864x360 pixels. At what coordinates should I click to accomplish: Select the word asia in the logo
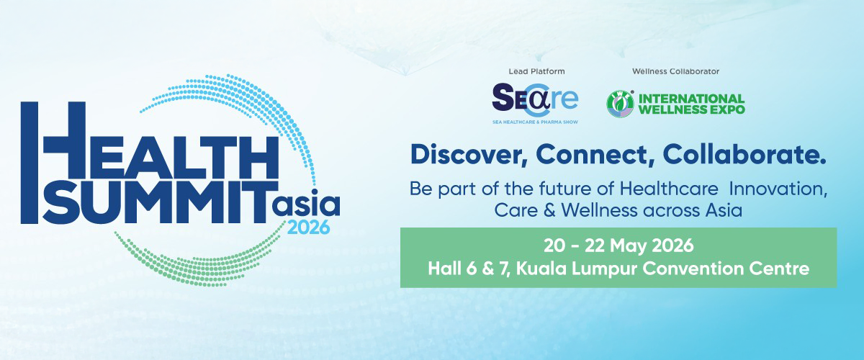click(306, 202)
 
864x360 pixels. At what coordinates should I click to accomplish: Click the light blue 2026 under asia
click(309, 228)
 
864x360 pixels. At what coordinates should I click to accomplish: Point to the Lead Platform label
click(536, 71)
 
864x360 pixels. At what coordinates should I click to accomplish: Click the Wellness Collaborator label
click(676, 71)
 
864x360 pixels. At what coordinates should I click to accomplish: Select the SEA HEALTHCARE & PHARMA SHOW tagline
click(536, 122)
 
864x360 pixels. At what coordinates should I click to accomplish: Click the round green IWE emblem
click(620, 104)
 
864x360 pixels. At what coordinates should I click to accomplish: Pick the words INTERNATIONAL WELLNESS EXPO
click(692, 104)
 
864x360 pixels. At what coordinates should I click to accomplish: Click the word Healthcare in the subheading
click(669, 189)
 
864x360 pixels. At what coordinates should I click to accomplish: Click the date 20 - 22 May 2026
click(618, 246)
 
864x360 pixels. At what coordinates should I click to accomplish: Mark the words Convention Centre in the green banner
click(726, 269)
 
